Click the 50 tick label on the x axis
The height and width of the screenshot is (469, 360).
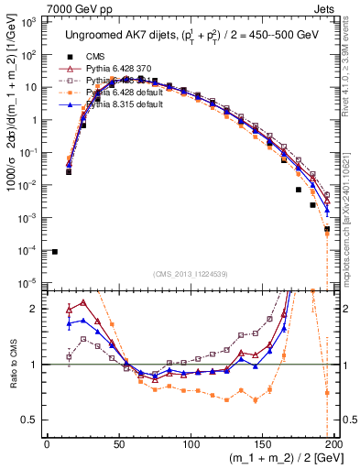click(x=119, y=442)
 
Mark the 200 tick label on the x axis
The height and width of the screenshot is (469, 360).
click(x=334, y=442)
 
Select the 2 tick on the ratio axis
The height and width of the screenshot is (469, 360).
click(x=37, y=309)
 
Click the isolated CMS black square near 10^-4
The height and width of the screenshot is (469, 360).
click(x=55, y=252)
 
